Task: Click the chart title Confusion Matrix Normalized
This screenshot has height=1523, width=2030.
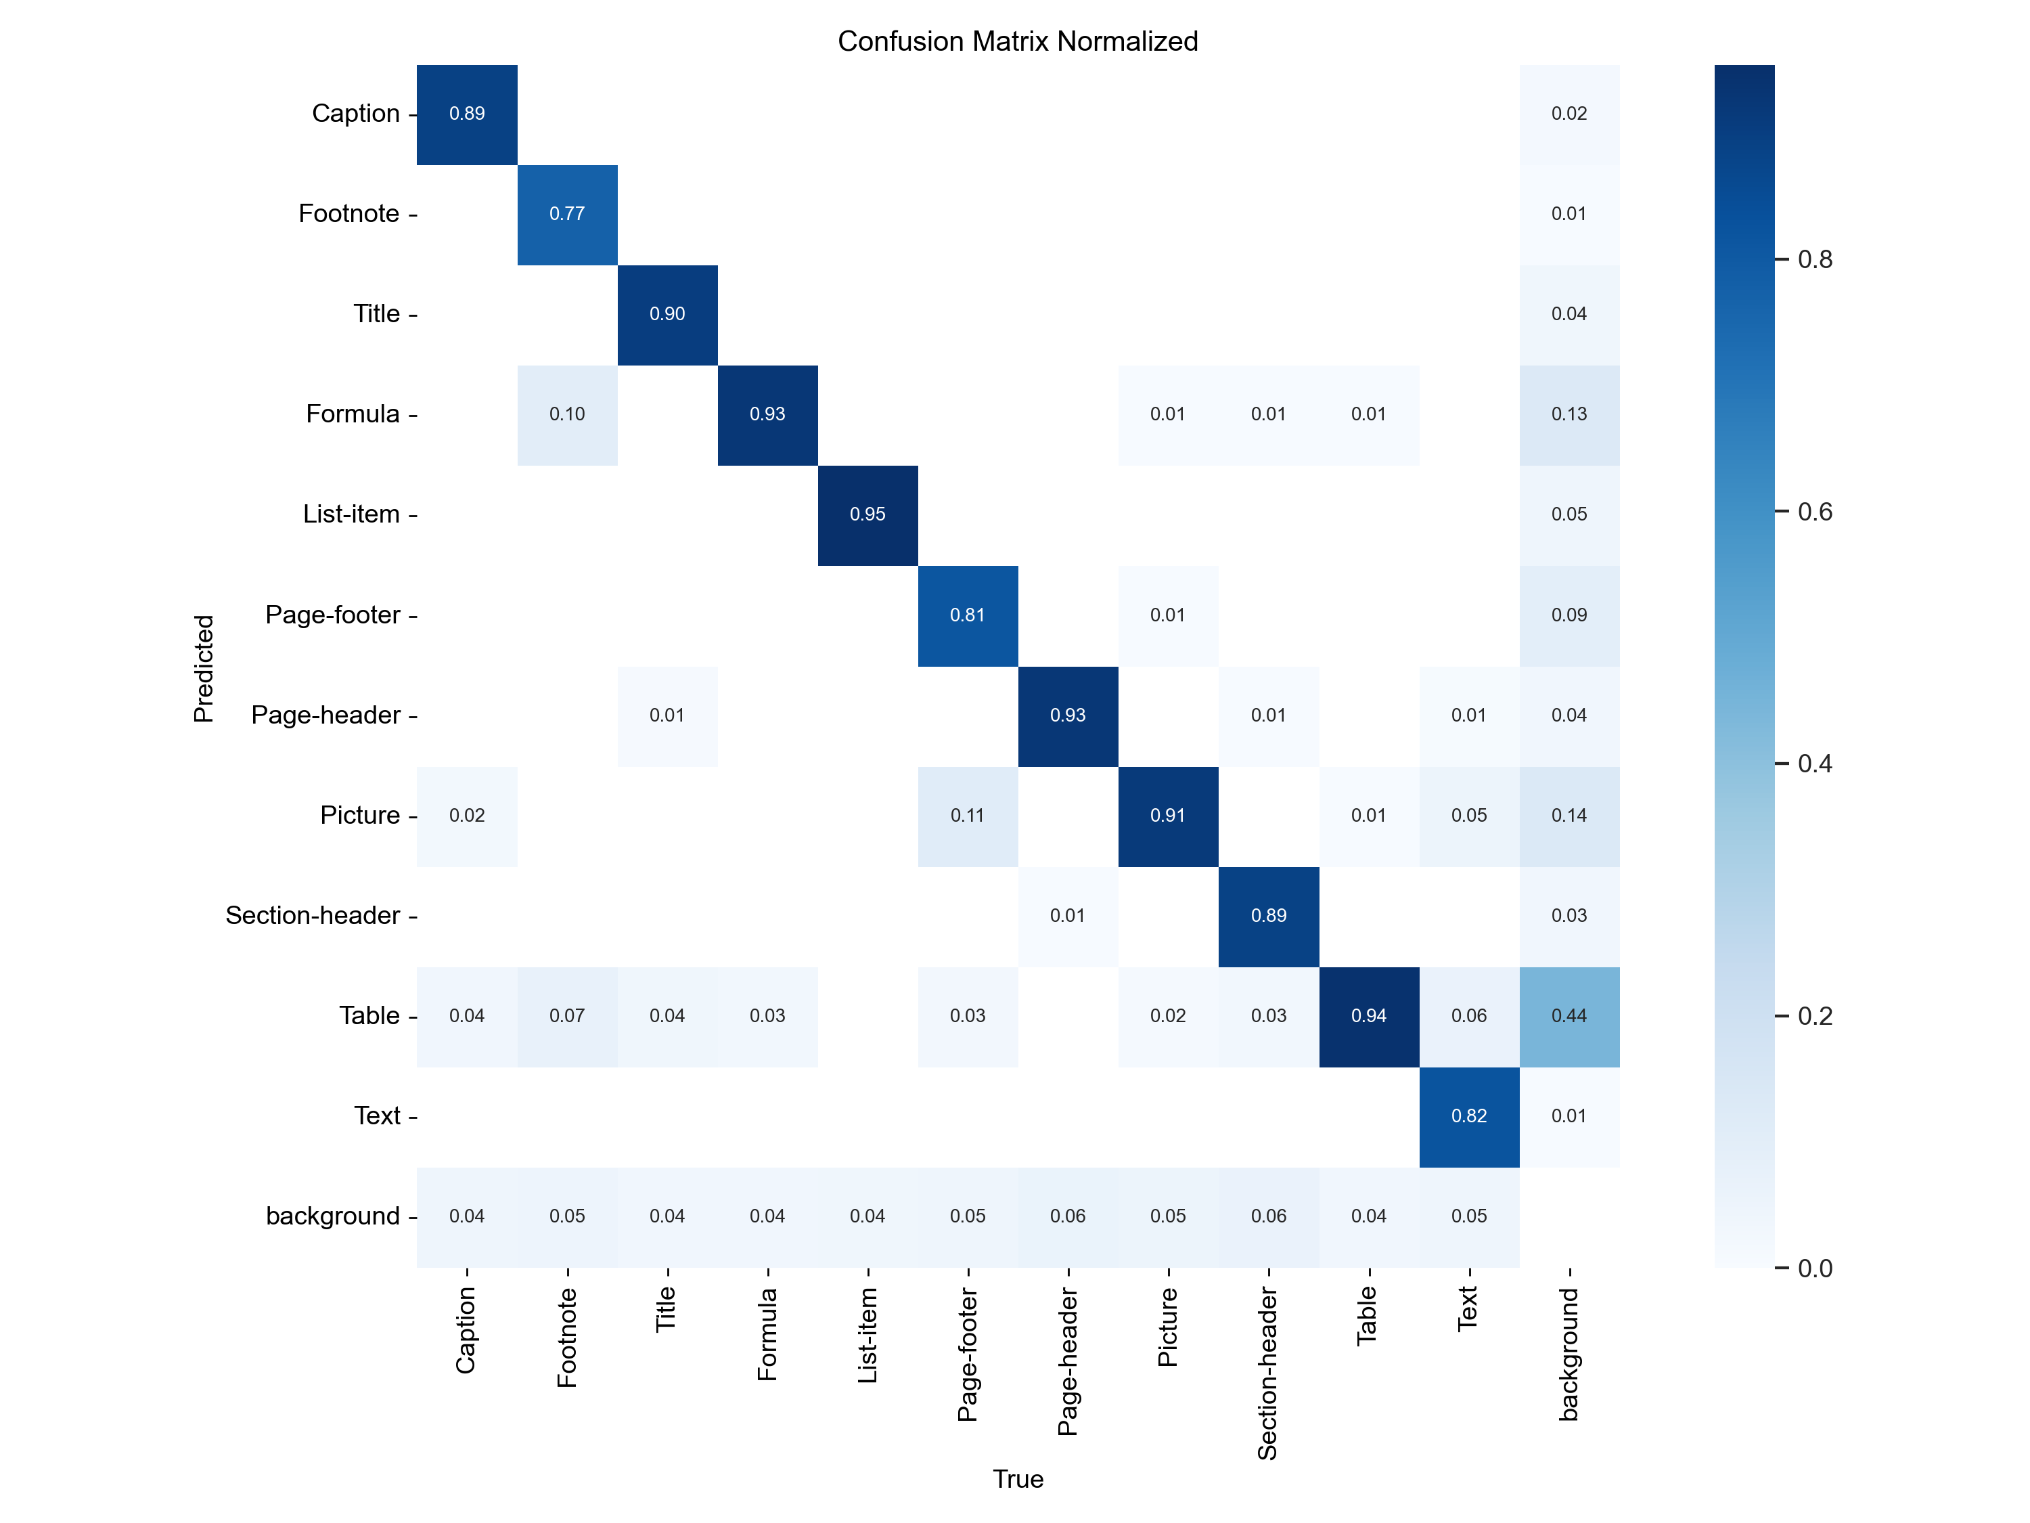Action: [x=1017, y=41]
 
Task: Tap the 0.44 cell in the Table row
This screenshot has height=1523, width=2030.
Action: [x=1569, y=1016]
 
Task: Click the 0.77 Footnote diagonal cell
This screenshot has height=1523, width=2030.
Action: [x=567, y=214]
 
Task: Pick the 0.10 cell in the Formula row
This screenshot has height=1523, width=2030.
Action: [x=567, y=415]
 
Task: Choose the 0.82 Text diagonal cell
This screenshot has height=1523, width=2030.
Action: [x=1468, y=1116]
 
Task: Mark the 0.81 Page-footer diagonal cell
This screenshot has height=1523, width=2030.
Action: [x=967, y=615]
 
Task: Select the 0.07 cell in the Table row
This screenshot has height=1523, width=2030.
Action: [x=567, y=1016]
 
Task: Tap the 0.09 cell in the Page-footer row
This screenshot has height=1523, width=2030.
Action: [x=1569, y=615]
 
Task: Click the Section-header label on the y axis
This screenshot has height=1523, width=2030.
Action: [x=312, y=915]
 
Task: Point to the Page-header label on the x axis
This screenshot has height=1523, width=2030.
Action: [x=1067, y=1361]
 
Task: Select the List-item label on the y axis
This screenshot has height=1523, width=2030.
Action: [x=351, y=514]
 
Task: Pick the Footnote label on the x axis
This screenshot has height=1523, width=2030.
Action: [x=567, y=1337]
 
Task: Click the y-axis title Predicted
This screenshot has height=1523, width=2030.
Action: [x=204, y=668]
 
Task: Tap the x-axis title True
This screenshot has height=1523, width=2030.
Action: [x=1017, y=1479]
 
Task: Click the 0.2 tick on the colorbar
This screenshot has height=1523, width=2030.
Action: [x=1814, y=1016]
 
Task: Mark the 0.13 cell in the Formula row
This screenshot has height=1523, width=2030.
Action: [x=1569, y=415]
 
